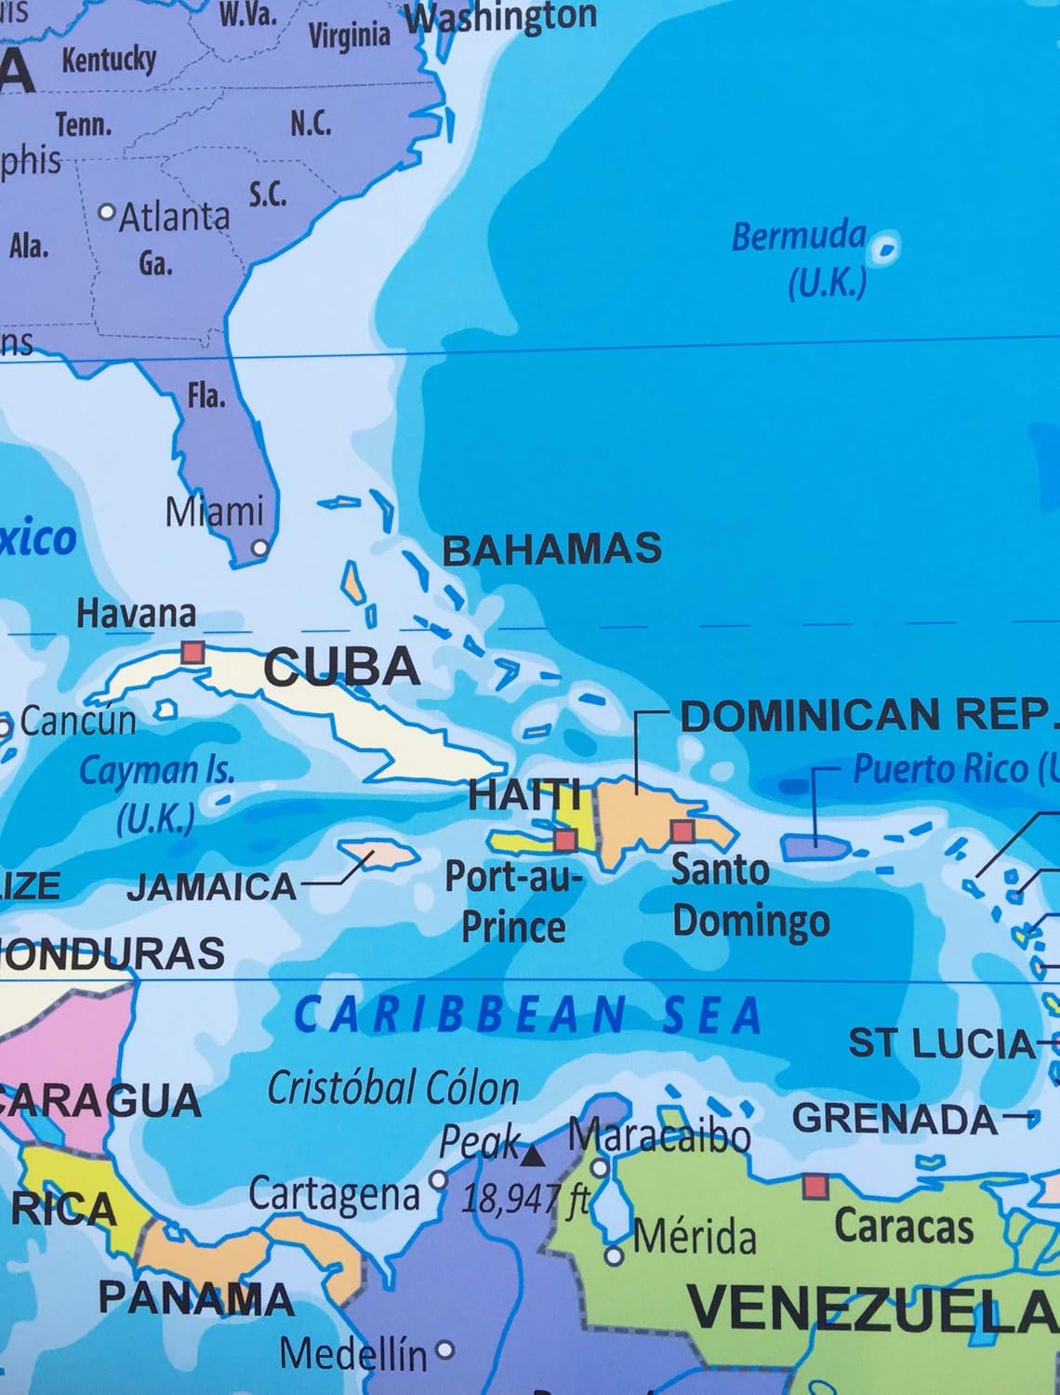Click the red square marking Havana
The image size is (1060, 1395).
coord(192,652)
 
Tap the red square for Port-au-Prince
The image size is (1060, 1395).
coord(564,841)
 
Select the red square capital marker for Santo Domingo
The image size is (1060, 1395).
coord(682,830)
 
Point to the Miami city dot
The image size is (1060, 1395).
coord(260,548)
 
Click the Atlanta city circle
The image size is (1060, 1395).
coord(108,212)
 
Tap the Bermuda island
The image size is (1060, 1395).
coord(886,246)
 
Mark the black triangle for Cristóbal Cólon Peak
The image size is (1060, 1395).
coord(532,1156)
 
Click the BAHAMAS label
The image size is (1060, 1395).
coord(551,550)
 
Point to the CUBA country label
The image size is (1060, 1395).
coord(341,667)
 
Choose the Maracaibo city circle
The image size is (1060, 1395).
coord(601,1166)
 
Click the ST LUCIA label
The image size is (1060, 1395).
coord(940,1044)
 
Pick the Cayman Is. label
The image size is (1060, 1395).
coord(156,771)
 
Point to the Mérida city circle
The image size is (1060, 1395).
coord(614,1256)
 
